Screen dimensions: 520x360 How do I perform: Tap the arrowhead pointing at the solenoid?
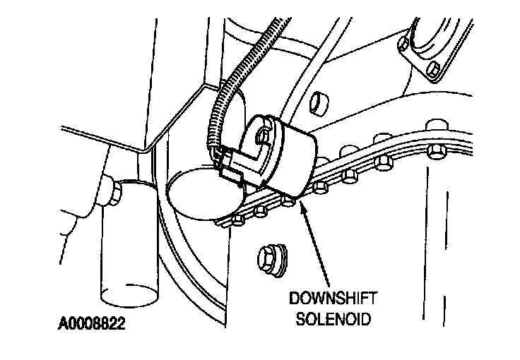[303, 205]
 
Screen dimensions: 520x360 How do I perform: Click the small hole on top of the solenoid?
[263, 133]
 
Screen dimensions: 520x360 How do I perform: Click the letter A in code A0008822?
[63, 327]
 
